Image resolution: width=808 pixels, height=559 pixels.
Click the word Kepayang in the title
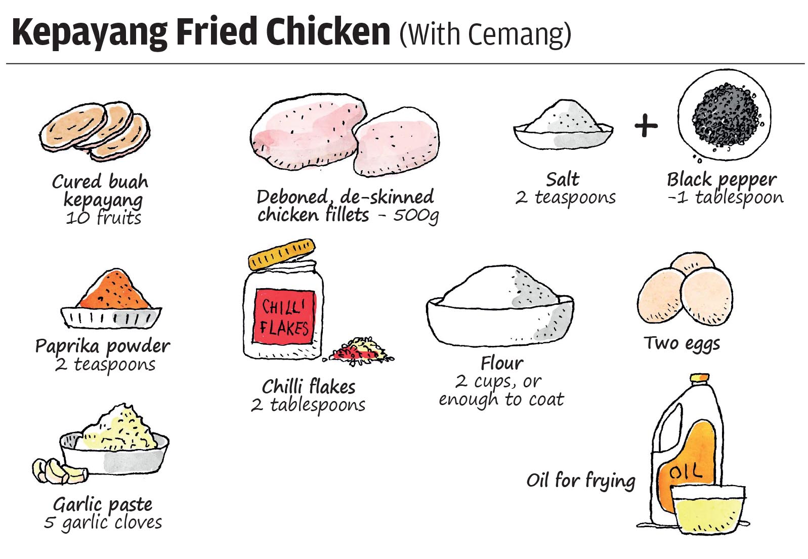click(90, 33)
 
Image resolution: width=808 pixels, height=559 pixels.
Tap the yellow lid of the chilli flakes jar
click(282, 254)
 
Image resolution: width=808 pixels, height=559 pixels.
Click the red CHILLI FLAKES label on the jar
click(284, 316)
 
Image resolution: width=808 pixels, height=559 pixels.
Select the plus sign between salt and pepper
click(646, 126)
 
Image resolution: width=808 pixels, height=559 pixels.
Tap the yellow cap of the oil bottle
click(699, 378)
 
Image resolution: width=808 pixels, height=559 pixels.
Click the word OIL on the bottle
click(686, 472)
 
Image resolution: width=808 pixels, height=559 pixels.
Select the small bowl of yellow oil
click(708, 509)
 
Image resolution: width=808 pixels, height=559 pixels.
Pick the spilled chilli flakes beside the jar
click(359, 351)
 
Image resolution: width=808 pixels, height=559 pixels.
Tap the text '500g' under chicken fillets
click(416, 215)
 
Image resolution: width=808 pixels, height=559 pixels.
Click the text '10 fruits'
click(104, 218)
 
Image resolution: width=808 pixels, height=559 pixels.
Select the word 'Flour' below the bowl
click(502, 363)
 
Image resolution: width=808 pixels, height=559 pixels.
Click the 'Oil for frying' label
click(581, 481)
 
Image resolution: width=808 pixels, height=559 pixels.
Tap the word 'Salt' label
click(563, 179)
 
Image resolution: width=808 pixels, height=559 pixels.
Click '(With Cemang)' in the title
click(485, 34)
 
